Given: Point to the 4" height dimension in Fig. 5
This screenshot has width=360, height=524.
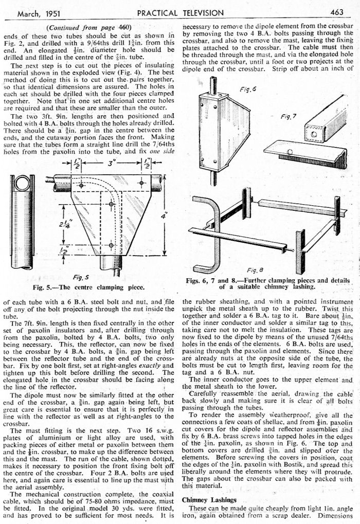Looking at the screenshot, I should tap(164, 216).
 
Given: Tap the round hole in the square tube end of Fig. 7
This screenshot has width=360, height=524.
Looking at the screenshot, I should tap(310, 134).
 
